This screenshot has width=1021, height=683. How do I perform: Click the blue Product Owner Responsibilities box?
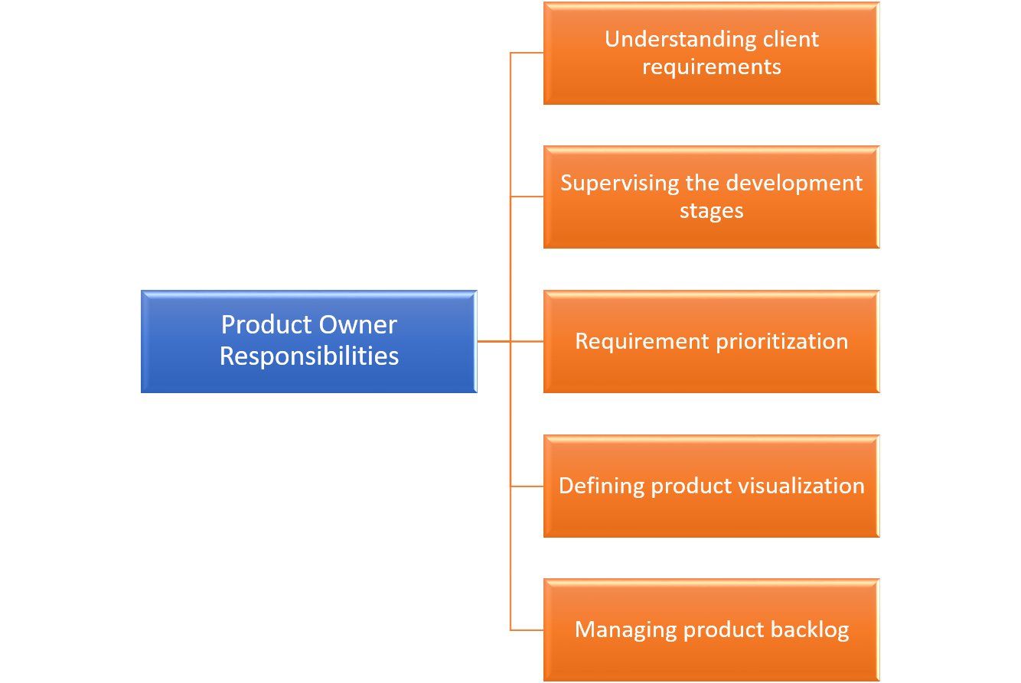(x=308, y=341)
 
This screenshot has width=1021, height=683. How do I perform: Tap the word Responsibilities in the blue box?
(x=308, y=356)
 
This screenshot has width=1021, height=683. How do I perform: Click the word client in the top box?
(x=789, y=39)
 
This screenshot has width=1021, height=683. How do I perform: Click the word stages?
(x=711, y=210)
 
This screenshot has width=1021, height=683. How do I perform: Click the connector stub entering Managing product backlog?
(x=527, y=629)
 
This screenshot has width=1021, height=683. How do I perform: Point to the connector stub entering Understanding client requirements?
(x=527, y=54)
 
